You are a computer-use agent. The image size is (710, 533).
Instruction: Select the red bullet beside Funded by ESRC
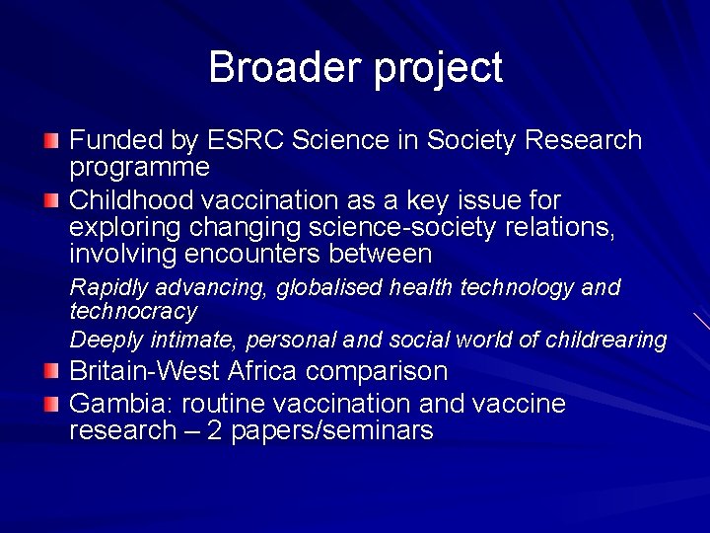(x=51, y=141)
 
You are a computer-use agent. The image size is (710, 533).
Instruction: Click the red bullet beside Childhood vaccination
(x=51, y=201)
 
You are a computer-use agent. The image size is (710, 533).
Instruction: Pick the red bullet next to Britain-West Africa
(x=51, y=372)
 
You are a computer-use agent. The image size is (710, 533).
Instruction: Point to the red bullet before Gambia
(x=51, y=404)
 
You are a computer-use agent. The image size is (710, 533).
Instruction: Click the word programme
(x=139, y=168)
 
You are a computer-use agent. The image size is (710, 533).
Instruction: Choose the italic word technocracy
(x=133, y=311)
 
